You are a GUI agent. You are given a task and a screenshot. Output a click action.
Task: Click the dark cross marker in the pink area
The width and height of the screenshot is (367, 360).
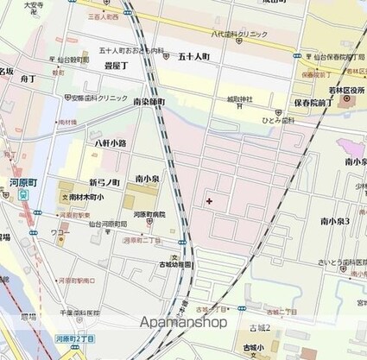210,201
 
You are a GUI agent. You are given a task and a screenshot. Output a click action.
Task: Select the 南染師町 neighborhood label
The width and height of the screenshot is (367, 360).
149,102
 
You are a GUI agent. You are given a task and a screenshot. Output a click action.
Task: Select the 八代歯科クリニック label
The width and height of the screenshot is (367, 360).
240,34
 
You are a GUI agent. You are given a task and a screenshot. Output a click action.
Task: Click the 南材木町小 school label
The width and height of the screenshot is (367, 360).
82,197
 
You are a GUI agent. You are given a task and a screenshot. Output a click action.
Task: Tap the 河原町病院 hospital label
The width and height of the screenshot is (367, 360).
149,212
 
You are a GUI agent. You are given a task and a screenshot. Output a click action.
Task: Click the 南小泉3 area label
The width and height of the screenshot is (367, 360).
334,222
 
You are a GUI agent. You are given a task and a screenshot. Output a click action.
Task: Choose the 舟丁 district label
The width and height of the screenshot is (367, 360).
28,79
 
